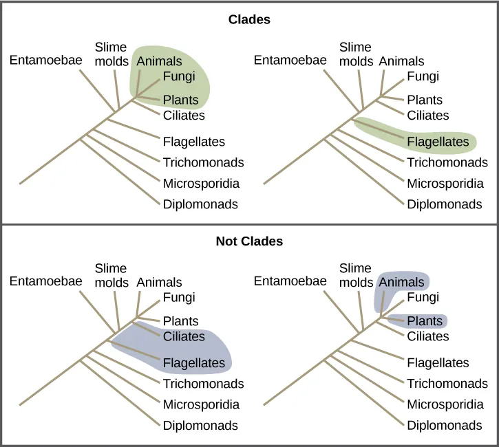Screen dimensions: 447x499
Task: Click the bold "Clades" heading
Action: (x=249, y=19)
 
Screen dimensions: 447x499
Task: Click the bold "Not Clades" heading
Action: (x=249, y=241)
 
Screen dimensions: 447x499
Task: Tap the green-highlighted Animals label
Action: (x=159, y=61)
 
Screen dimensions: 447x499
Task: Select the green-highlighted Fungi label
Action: (x=179, y=76)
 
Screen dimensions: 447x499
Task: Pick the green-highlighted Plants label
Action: (x=180, y=100)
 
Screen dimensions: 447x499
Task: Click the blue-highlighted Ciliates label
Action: (x=184, y=336)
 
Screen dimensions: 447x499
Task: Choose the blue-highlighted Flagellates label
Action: (x=194, y=363)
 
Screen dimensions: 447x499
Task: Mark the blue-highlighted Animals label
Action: (x=402, y=282)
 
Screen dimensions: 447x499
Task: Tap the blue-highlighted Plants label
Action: (x=425, y=321)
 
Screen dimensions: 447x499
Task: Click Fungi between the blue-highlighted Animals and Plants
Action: (x=423, y=298)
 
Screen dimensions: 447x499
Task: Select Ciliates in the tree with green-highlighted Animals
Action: (x=184, y=115)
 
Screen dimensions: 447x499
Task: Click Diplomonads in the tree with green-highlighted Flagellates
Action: (x=445, y=204)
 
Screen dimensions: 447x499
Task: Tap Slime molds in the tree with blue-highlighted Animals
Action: (x=355, y=275)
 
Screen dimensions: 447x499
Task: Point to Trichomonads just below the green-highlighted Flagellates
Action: (x=447, y=163)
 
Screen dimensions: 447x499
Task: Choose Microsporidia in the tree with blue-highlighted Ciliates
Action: (x=201, y=404)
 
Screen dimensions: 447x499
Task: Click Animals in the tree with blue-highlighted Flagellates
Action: (x=159, y=282)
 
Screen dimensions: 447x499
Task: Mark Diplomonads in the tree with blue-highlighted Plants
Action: (x=445, y=426)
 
